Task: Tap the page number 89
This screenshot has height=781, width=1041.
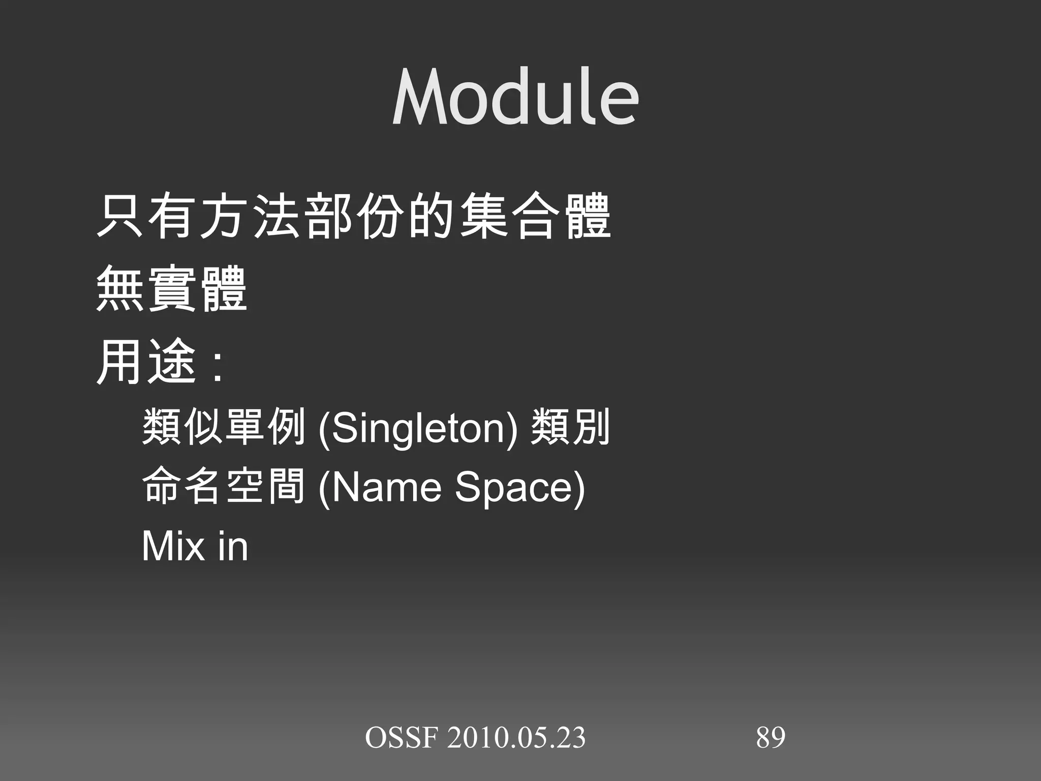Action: (x=771, y=737)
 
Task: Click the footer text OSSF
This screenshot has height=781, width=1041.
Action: (x=401, y=738)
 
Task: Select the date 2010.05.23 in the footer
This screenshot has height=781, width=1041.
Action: (x=516, y=738)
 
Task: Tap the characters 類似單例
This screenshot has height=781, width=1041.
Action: (x=224, y=427)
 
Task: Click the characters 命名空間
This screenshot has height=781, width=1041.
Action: (x=224, y=486)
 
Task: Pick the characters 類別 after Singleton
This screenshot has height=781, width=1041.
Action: (x=569, y=427)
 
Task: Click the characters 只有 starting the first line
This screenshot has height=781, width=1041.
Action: (x=146, y=216)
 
